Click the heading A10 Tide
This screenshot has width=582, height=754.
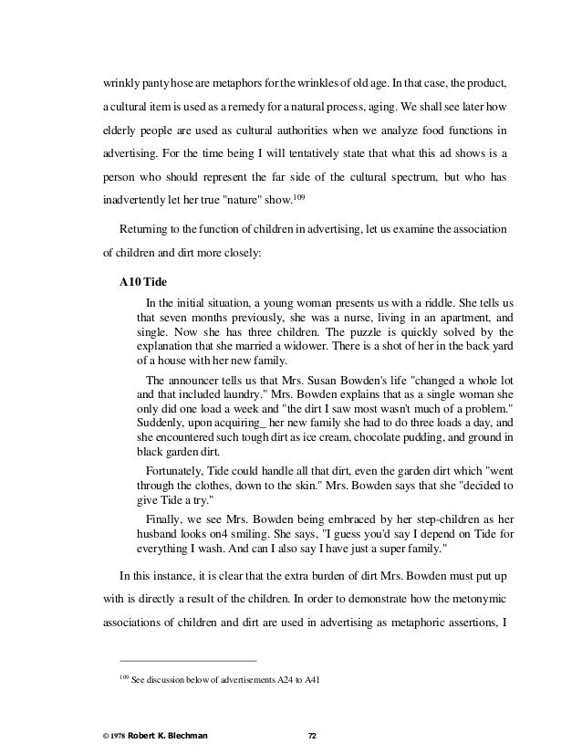point(146,281)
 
